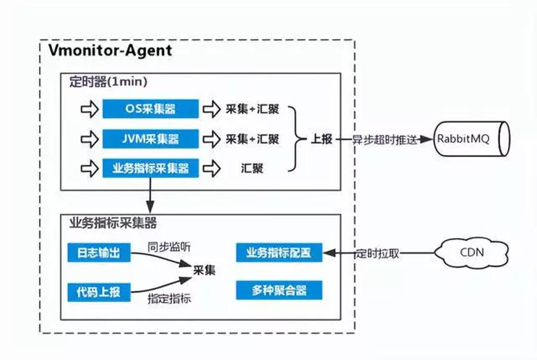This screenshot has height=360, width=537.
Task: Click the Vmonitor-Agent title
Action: point(110,50)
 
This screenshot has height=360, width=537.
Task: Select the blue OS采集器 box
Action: point(151,109)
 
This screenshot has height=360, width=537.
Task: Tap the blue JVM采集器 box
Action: point(151,139)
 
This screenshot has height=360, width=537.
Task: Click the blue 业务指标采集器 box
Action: point(151,168)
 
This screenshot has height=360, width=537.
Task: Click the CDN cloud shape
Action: point(472,252)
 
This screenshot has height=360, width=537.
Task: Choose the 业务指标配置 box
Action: point(279,253)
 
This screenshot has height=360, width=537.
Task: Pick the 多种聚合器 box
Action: point(279,290)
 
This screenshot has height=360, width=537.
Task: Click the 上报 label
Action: point(321,139)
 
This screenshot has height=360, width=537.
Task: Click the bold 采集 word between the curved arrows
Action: point(204,270)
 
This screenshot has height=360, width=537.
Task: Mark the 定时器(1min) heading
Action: point(108,82)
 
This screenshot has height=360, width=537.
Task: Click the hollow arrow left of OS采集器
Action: point(90,110)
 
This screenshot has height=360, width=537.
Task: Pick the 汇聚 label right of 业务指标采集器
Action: point(252,169)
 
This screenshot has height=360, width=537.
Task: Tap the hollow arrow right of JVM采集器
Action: point(211,139)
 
